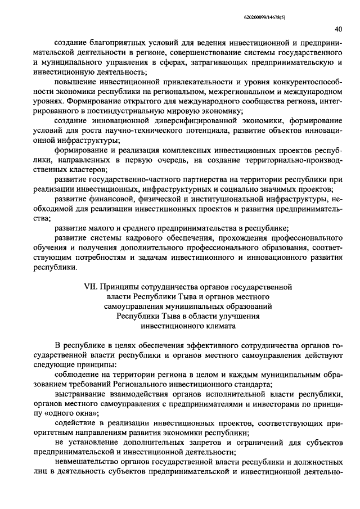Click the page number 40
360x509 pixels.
pyautogui.click(x=338, y=29)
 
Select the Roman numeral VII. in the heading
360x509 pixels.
pyautogui.click(x=91, y=286)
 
